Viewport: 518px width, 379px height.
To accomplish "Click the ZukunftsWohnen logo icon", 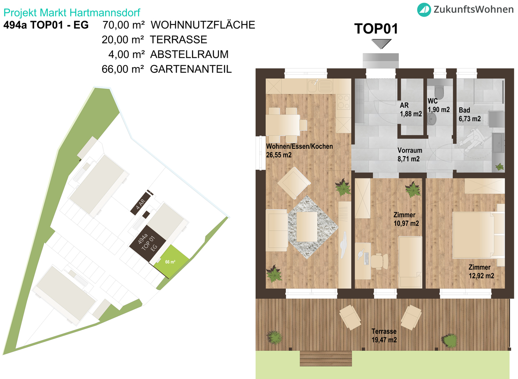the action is pyautogui.click(x=424, y=9).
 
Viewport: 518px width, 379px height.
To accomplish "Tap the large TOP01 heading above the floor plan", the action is pyautogui.click(x=376, y=29).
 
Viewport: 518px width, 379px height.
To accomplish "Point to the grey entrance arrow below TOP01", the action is pyautogui.click(x=381, y=43).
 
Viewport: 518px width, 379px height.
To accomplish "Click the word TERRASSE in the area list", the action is pyautogui.click(x=179, y=39).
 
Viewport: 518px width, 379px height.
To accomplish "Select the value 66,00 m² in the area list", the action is pyautogui.click(x=123, y=69).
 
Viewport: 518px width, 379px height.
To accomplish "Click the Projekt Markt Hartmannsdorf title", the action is pyautogui.click(x=71, y=13).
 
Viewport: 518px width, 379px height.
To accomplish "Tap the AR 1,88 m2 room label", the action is pyautogui.click(x=411, y=110).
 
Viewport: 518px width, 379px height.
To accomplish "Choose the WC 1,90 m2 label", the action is pyautogui.click(x=439, y=105).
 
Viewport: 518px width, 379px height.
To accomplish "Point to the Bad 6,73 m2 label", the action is pyautogui.click(x=469, y=114).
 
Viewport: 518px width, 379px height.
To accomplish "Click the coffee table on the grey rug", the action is pyautogui.click(x=307, y=227).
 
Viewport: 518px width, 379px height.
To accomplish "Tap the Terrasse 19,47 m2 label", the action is pyautogui.click(x=384, y=336).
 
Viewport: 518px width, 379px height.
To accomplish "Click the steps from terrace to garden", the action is pyautogui.click(x=326, y=358).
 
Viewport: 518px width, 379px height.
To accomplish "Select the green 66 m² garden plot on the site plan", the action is pyautogui.click(x=171, y=261).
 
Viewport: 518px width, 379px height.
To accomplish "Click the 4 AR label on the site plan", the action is pyautogui.click(x=141, y=203).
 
